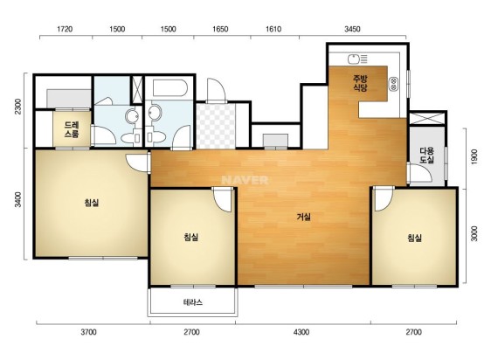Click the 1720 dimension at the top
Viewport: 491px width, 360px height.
(65, 29)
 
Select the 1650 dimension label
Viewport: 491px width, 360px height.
(220, 29)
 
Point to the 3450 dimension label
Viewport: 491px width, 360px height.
(352, 29)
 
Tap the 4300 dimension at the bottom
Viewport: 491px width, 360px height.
(301, 332)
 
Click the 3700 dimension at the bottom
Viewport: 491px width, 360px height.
(88, 332)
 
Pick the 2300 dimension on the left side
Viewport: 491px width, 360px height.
(19, 107)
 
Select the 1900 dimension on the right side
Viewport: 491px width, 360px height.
(474, 157)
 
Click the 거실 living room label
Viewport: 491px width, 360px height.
(304, 217)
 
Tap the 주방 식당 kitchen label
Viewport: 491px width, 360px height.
(360, 83)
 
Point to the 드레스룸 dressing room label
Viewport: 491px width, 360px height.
(72, 129)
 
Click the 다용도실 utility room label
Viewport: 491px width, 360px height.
(427, 156)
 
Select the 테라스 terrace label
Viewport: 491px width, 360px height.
(193, 302)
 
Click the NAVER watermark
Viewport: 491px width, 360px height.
(245, 180)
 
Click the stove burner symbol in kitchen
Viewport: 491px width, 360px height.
(394, 84)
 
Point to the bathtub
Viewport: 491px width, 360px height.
(170, 87)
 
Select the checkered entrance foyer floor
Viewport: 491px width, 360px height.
(216, 126)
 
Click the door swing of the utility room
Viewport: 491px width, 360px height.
(420, 173)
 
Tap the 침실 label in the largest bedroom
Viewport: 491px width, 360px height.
(92, 203)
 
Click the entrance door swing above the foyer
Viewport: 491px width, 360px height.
(216, 90)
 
